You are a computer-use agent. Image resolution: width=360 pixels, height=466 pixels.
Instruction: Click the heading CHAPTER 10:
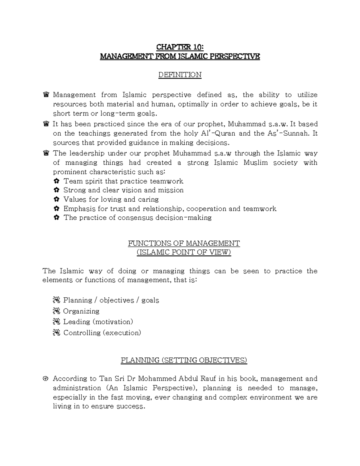tap(180, 47)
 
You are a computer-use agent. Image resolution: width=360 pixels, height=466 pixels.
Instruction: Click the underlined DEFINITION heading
tap(180, 75)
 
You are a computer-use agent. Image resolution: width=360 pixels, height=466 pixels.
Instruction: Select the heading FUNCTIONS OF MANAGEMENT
tap(184, 243)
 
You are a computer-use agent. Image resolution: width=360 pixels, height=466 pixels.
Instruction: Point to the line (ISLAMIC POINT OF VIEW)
tap(184, 252)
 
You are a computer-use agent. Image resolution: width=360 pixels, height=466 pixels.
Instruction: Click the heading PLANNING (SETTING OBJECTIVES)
tap(184, 360)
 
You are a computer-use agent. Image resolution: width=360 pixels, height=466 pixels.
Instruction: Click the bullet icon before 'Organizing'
tap(56, 311)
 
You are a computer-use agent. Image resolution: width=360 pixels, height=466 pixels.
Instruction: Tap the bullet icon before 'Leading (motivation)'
tap(56, 322)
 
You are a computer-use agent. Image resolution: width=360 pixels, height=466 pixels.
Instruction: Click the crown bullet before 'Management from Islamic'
tap(46, 95)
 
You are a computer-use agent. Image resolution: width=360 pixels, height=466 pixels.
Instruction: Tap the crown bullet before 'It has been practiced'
tap(46, 124)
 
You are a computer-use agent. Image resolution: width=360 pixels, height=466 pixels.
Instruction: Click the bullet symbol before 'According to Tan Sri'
tap(46, 379)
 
